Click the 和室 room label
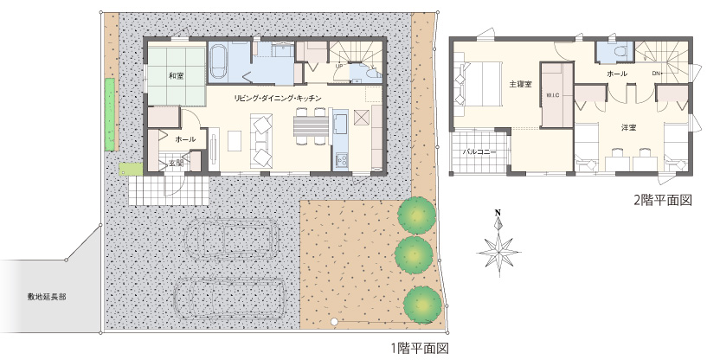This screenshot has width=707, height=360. (177, 76)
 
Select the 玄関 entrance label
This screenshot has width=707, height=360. (176, 164)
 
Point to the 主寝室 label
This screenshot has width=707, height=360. (520, 84)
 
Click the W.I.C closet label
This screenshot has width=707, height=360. (553, 95)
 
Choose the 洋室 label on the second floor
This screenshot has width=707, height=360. (628, 128)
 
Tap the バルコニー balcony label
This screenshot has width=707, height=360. (479, 152)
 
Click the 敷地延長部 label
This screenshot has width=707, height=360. (47, 297)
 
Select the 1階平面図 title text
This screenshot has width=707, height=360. (420, 348)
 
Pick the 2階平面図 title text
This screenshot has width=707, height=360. (663, 200)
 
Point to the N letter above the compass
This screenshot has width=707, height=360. (498, 213)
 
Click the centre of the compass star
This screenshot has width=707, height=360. (499, 252)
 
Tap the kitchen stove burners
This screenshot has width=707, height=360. (341, 160)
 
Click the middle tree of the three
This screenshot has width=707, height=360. (414, 254)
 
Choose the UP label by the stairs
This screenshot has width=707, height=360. (338, 66)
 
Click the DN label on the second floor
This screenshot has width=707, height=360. (656, 73)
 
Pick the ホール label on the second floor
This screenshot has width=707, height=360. (617, 74)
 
